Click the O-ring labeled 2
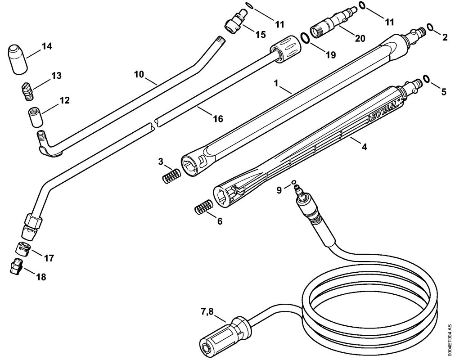point(431,28)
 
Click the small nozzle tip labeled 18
point(16,266)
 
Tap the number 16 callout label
point(217,118)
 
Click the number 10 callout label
point(140,74)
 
